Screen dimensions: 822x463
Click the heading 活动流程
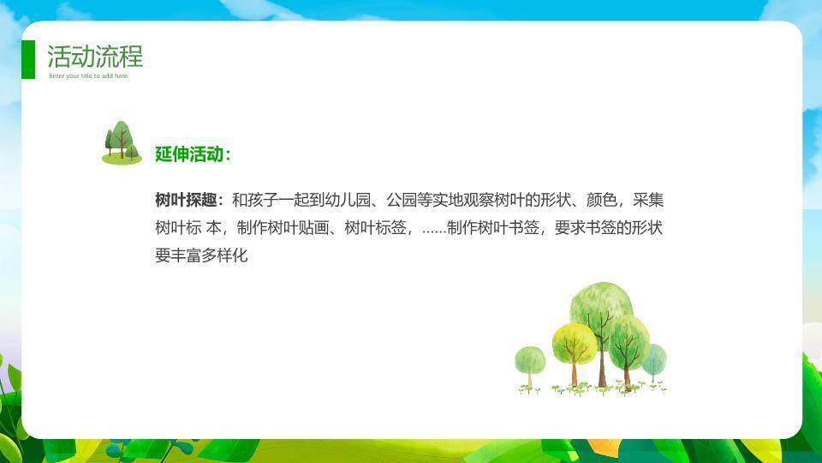95,57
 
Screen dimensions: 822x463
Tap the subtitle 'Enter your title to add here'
88,76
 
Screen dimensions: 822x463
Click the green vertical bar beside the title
28,60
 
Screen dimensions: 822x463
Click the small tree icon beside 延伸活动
122,143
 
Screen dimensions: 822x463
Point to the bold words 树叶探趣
186,200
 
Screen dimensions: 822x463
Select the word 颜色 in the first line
602,200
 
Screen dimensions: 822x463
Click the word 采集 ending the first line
648,200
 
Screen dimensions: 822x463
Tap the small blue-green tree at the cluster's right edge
654,362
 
